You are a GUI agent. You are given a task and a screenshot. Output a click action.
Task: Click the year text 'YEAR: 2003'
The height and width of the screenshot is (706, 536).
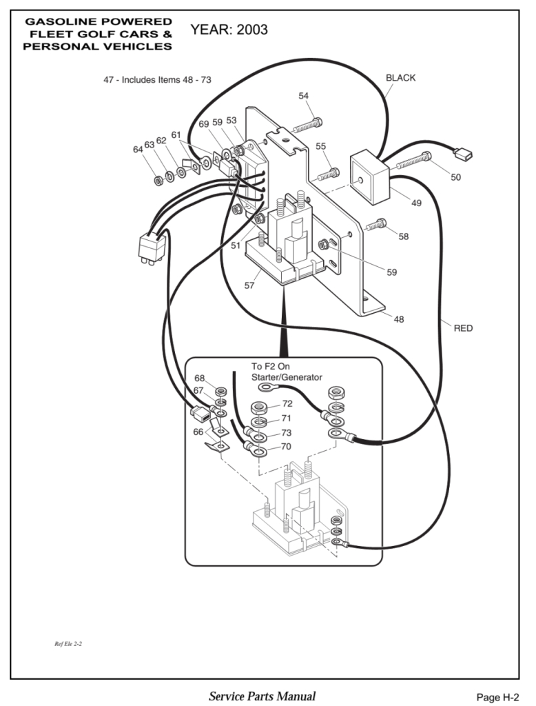point(229,30)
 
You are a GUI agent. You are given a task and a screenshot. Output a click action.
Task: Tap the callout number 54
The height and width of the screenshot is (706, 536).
point(304,96)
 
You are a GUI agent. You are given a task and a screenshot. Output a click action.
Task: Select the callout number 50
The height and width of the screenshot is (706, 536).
point(456,177)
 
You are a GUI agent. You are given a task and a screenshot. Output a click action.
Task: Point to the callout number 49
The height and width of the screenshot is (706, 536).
point(417,203)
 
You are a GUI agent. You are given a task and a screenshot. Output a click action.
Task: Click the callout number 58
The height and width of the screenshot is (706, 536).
point(403,236)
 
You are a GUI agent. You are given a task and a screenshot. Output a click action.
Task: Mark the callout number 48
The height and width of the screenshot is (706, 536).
point(398,319)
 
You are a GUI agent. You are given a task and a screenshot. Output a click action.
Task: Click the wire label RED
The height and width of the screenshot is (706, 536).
point(463,328)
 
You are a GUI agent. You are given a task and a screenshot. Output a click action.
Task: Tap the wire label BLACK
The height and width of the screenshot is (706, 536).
point(400,78)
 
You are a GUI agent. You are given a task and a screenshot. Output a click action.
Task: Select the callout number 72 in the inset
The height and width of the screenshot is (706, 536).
point(287,403)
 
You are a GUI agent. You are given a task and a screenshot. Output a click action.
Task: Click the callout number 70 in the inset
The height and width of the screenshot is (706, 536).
point(286,447)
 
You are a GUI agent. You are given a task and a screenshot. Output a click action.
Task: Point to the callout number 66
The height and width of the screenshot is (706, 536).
point(198,432)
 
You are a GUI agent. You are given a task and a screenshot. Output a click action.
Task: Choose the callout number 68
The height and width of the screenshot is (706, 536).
point(199,378)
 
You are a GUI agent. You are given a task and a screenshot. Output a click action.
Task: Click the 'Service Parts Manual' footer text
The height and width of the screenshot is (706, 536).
point(262,696)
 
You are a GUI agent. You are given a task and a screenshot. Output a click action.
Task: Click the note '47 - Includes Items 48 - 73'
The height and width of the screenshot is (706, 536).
point(157,80)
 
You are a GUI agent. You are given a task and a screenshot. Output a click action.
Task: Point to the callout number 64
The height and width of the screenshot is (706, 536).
point(138,149)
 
